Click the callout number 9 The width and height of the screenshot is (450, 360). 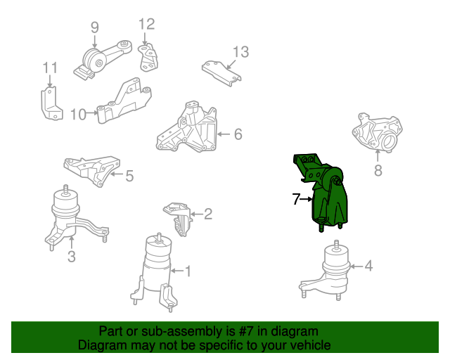(94, 27)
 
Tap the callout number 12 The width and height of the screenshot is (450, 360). (146, 25)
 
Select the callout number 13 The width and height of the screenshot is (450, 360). (240, 51)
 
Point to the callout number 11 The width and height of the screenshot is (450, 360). (49, 68)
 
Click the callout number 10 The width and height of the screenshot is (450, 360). (78, 113)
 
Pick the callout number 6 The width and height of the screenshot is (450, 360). (238, 134)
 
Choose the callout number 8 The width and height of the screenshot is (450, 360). (378, 169)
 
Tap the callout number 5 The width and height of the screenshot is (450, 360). (129, 176)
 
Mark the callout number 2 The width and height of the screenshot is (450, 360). (207, 214)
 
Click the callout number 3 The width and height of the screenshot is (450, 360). (72, 257)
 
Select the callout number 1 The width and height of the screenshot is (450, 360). (188, 270)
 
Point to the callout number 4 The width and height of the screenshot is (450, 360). (369, 266)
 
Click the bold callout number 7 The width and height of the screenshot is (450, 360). (297, 200)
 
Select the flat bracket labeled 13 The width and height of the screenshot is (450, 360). (221, 70)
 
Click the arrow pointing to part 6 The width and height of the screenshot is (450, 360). (223, 134)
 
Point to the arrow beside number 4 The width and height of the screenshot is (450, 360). (356, 266)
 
